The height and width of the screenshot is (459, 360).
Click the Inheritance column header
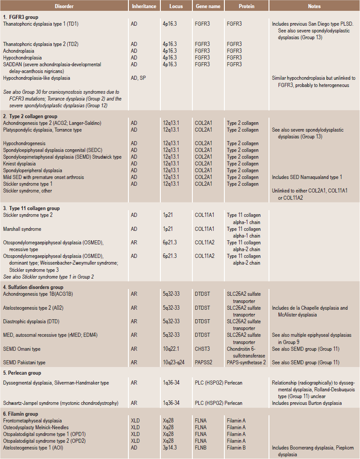tap(144, 6)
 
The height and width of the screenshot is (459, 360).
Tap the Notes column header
tap(314, 6)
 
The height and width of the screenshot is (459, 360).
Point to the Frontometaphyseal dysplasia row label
tap(32, 421)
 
